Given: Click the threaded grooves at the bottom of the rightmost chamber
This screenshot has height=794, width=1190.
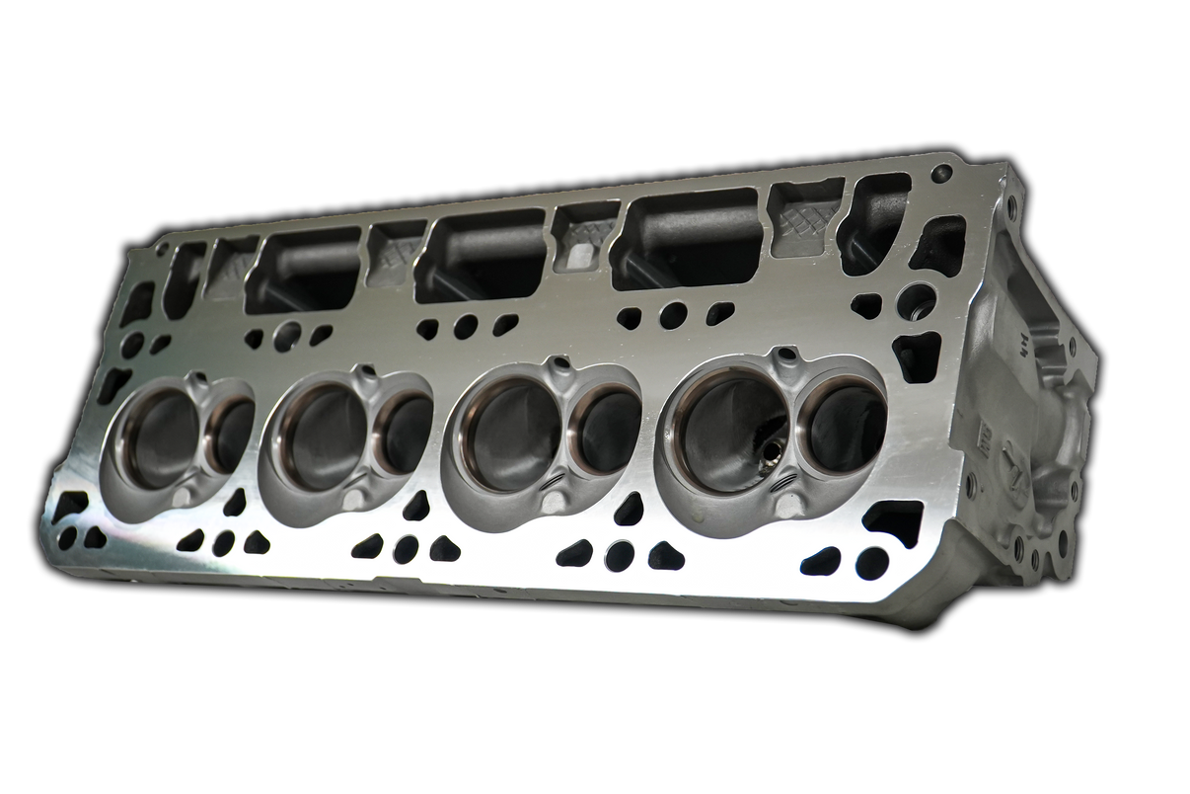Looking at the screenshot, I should pos(784,483).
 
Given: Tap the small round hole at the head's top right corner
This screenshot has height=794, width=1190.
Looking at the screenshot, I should pos(942,173).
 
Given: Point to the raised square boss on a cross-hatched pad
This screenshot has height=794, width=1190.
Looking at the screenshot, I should pos(581,256).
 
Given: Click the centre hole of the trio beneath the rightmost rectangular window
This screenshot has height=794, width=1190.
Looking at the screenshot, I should pos(673,315).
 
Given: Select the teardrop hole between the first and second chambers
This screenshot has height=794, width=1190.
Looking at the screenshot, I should pos(235,504).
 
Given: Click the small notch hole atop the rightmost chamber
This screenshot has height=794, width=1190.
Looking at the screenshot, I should pos(786,355).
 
